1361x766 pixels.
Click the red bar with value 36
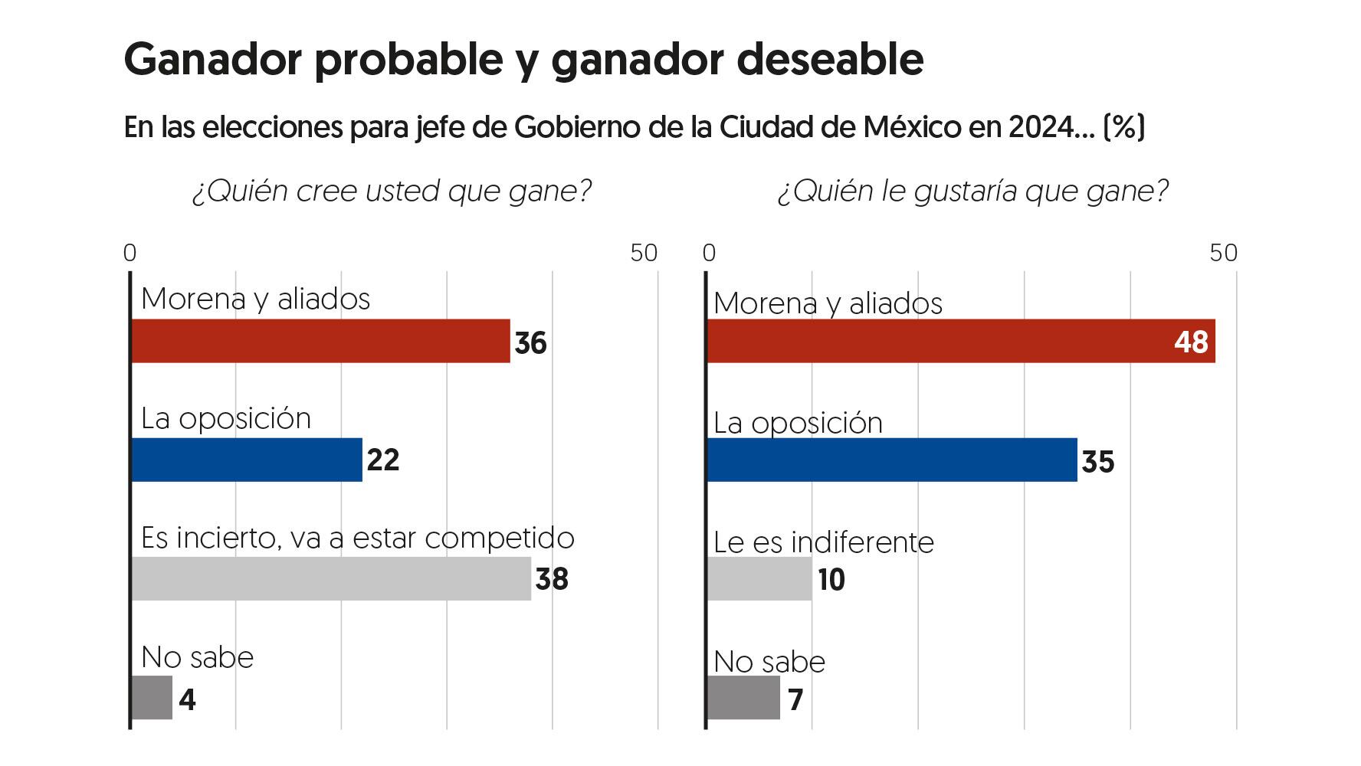(x=320, y=341)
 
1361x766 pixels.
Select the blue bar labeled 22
(x=247, y=460)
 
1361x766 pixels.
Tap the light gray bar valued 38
(x=331, y=578)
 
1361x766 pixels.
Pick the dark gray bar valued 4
(x=152, y=698)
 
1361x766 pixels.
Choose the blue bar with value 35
(x=891, y=460)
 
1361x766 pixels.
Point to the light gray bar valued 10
(x=759, y=578)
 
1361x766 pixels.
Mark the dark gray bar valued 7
(x=743, y=698)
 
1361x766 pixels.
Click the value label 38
(x=552, y=579)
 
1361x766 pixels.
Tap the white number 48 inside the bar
(x=1191, y=342)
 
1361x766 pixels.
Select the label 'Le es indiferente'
(x=824, y=542)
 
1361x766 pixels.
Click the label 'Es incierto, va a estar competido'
(x=358, y=538)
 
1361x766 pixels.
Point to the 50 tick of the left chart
(x=644, y=253)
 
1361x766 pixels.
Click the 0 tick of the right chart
(x=709, y=253)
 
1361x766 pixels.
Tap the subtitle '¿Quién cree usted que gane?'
(x=392, y=191)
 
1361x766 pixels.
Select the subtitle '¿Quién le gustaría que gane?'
(x=972, y=191)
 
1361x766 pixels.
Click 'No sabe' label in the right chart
(x=769, y=662)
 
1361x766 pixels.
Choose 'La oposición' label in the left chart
(x=226, y=418)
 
